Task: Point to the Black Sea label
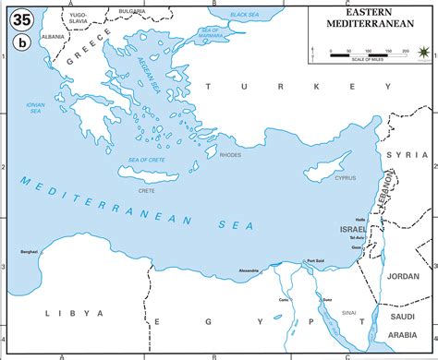click(244, 15)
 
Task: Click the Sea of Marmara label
click(212, 38)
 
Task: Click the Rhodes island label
click(230, 155)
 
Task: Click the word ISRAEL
click(353, 227)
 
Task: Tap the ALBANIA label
click(54, 36)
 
